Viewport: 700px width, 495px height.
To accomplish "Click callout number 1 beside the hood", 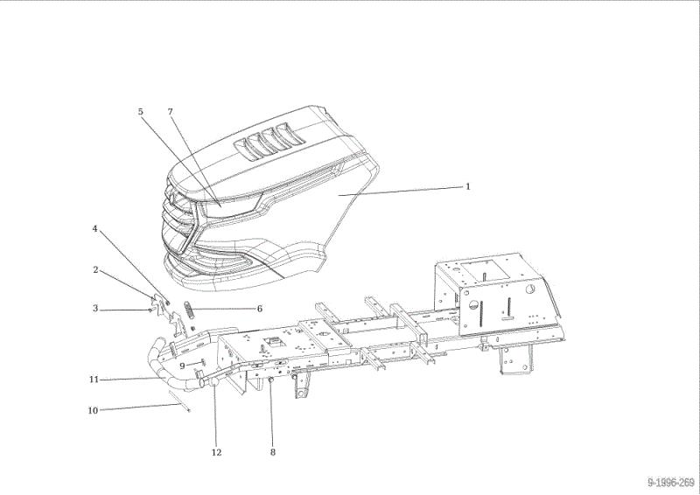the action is click(468, 186).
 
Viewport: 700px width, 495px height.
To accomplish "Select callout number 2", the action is click(95, 269).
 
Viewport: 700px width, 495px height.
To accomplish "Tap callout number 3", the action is click(95, 309).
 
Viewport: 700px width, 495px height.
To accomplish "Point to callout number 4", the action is click(94, 228).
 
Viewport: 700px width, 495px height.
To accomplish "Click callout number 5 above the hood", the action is click(141, 112).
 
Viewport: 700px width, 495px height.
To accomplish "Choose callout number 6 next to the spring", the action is click(259, 309).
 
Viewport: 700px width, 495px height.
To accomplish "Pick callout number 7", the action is click(170, 112).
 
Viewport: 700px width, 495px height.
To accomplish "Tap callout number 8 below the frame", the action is click(273, 452).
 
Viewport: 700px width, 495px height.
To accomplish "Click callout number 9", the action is click(182, 366).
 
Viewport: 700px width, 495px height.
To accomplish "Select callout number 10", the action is click(93, 410).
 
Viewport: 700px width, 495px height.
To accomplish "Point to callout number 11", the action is click(94, 380).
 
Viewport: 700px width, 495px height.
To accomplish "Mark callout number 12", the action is click(216, 453).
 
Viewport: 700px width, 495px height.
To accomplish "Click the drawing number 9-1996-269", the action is click(671, 483).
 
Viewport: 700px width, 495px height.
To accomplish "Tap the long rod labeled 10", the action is click(179, 401).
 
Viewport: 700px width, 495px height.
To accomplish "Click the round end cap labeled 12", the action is click(214, 381).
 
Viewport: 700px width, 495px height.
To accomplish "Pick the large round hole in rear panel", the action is click(529, 289).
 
